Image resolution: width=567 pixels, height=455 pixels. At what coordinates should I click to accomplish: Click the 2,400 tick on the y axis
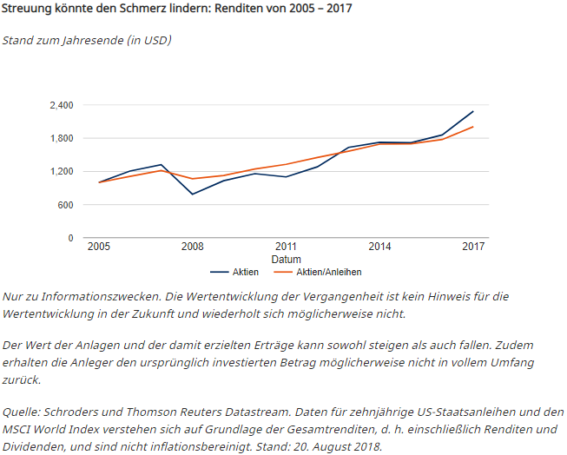[x=61, y=105]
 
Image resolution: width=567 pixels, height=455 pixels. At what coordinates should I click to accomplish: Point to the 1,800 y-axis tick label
[x=61, y=138]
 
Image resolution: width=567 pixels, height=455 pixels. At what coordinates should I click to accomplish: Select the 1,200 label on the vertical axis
[x=61, y=171]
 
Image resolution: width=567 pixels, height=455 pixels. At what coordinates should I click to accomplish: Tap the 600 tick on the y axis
[x=65, y=205]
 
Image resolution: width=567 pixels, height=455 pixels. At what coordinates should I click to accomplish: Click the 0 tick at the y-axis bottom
[x=70, y=238]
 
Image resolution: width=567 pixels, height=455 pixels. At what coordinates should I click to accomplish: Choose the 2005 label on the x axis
[x=98, y=247]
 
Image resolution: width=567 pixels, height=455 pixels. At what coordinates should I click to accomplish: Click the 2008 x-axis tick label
[x=192, y=247]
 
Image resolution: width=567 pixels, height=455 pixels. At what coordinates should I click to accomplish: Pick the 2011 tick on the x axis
[x=286, y=247]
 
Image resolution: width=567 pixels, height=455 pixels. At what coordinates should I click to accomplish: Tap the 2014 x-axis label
[x=379, y=247]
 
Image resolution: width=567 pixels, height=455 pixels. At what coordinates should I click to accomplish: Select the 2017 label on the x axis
[x=473, y=247]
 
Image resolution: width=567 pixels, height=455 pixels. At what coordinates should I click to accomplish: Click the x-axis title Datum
[x=286, y=260]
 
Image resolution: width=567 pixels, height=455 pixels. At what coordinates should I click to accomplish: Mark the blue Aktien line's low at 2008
[x=192, y=195]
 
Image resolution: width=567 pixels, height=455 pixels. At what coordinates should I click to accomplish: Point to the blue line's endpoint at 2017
[x=473, y=111]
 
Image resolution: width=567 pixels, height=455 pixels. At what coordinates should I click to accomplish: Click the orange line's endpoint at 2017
[x=473, y=127]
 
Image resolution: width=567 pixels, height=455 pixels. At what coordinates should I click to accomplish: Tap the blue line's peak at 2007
[x=161, y=164]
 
